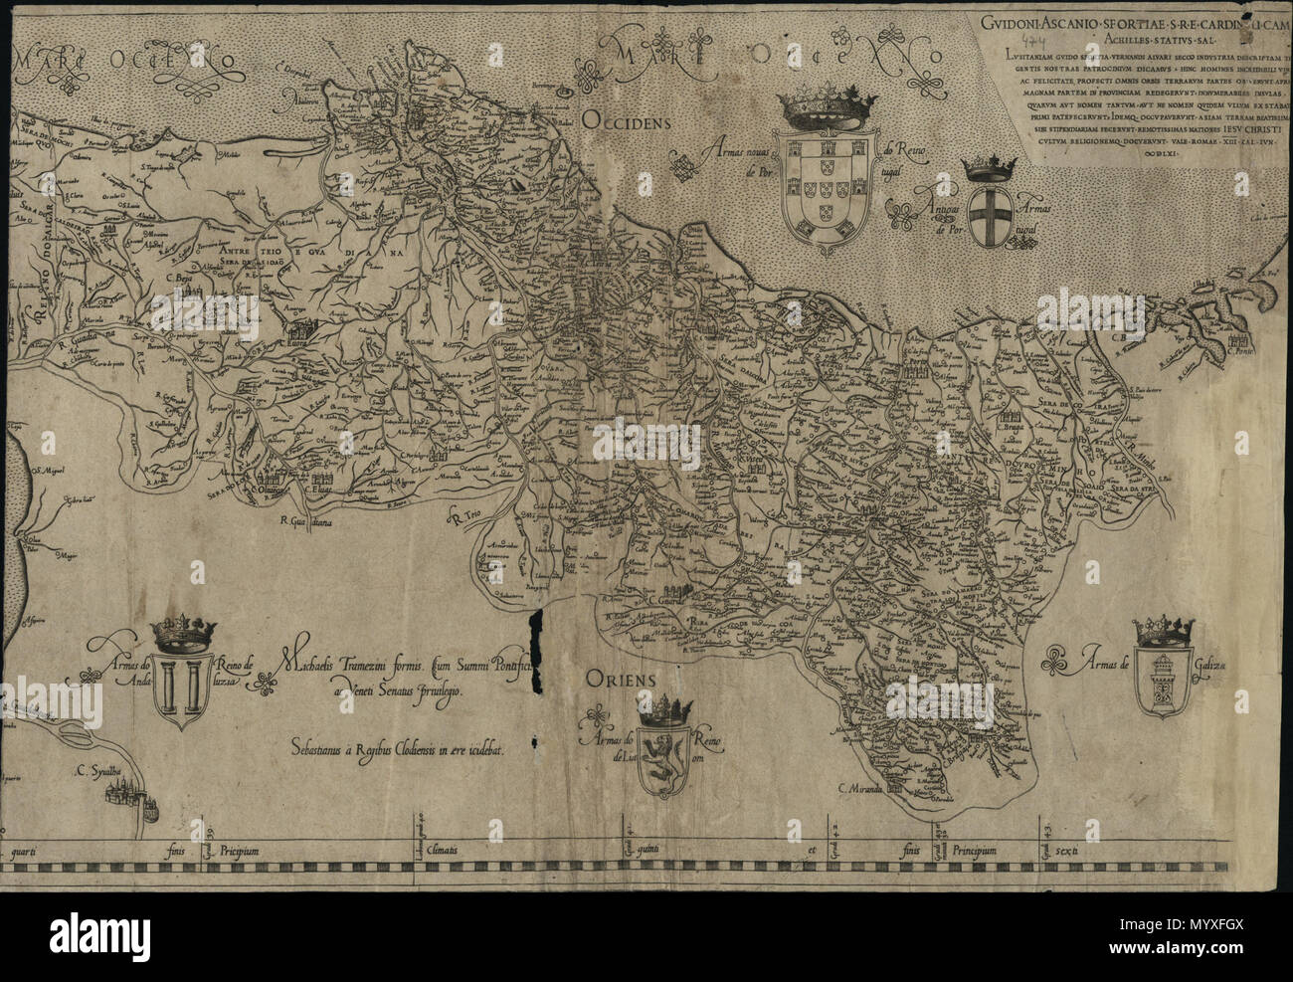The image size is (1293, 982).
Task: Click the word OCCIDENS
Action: coord(628,121)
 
